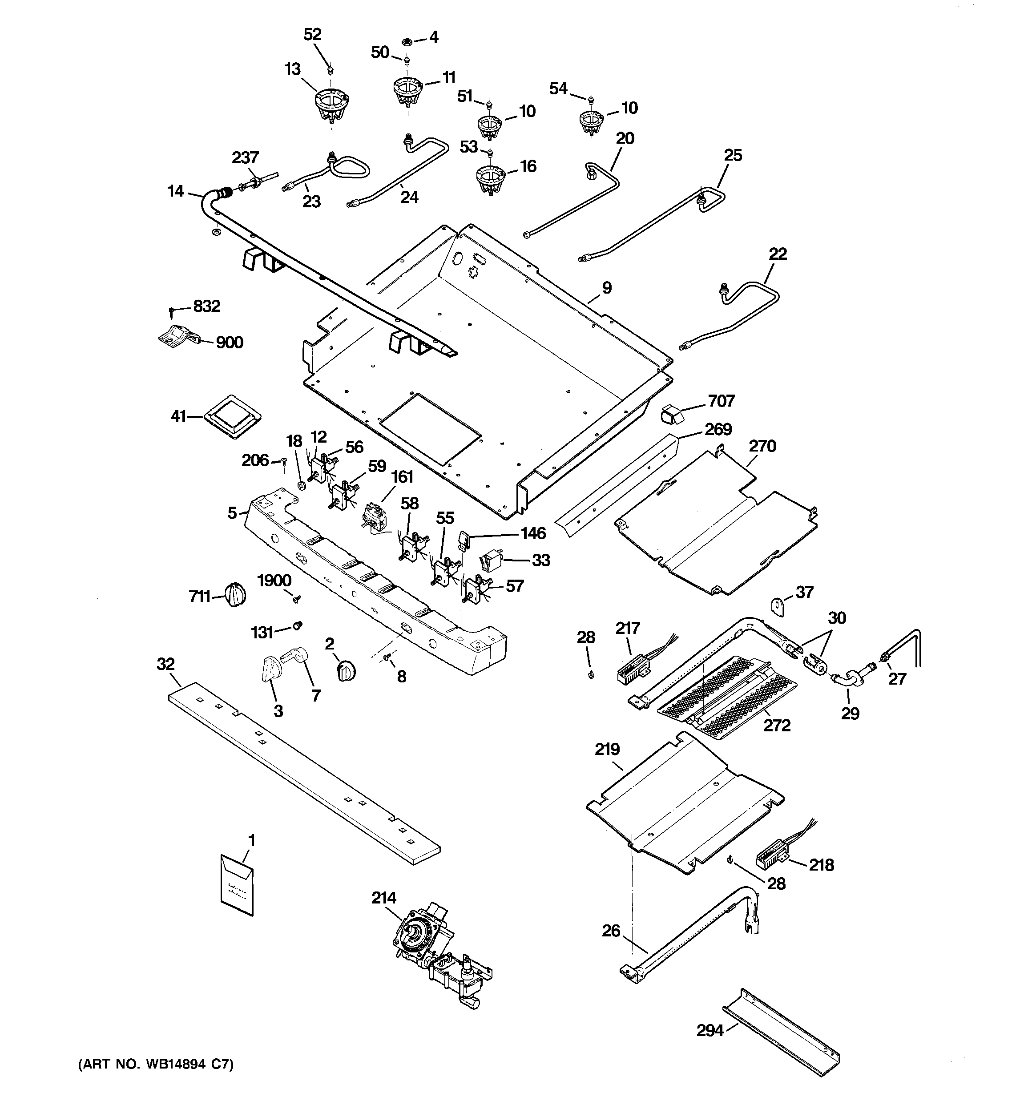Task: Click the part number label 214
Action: point(384,898)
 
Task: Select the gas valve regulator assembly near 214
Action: point(438,961)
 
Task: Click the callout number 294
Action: point(710,1031)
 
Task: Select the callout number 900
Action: point(230,342)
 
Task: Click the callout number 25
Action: point(733,155)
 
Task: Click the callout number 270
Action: point(762,446)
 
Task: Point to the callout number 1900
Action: point(274,581)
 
